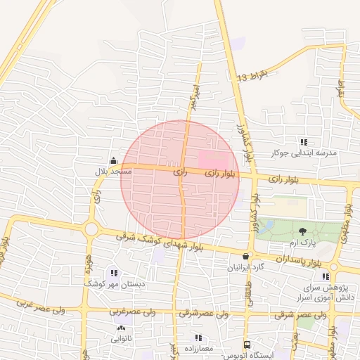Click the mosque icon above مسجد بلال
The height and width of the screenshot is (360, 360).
[x=113, y=160]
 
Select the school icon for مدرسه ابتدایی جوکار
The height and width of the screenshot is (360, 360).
[x=304, y=142]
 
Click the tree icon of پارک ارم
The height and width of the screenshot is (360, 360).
[x=303, y=231]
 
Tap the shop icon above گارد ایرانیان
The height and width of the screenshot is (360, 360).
[x=245, y=257]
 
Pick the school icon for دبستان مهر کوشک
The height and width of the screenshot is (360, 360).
[x=114, y=273]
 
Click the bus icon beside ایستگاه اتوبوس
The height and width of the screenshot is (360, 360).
[x=247, y=345]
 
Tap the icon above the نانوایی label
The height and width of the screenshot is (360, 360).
[x=120, y=328]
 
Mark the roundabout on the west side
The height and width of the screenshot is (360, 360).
[x=91, y=229]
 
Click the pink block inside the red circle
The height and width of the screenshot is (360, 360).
[x=213, y=158]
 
